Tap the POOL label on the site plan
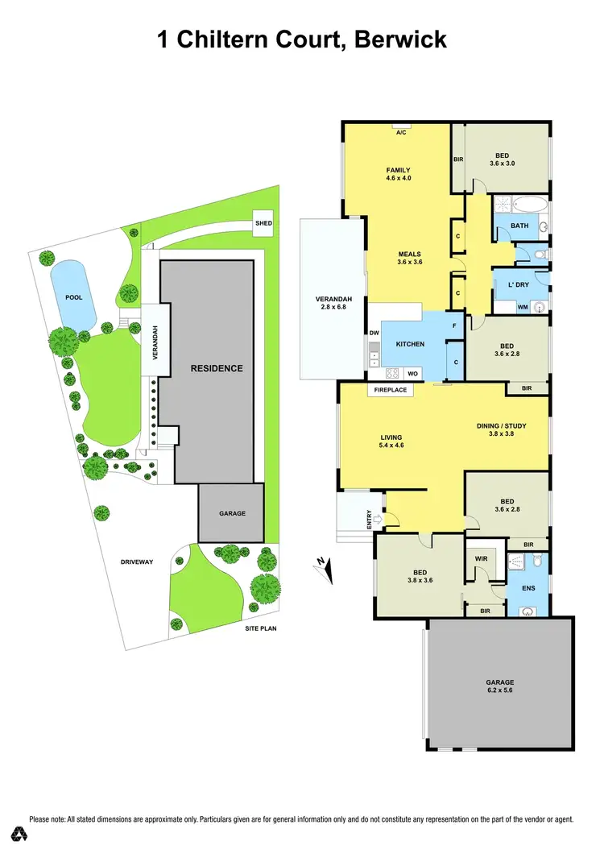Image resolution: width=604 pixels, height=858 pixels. point(74,297)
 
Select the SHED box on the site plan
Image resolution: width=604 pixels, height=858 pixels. point(263,223)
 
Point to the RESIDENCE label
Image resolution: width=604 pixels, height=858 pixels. point(216,368)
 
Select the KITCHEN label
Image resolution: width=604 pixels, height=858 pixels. point(410,344)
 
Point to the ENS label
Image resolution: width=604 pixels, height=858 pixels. point(527,589)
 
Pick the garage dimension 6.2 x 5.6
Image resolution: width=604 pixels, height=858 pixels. point(500,690)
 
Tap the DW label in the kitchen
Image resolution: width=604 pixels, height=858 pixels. point(374,333)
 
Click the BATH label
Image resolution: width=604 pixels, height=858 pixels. point(520,226)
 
